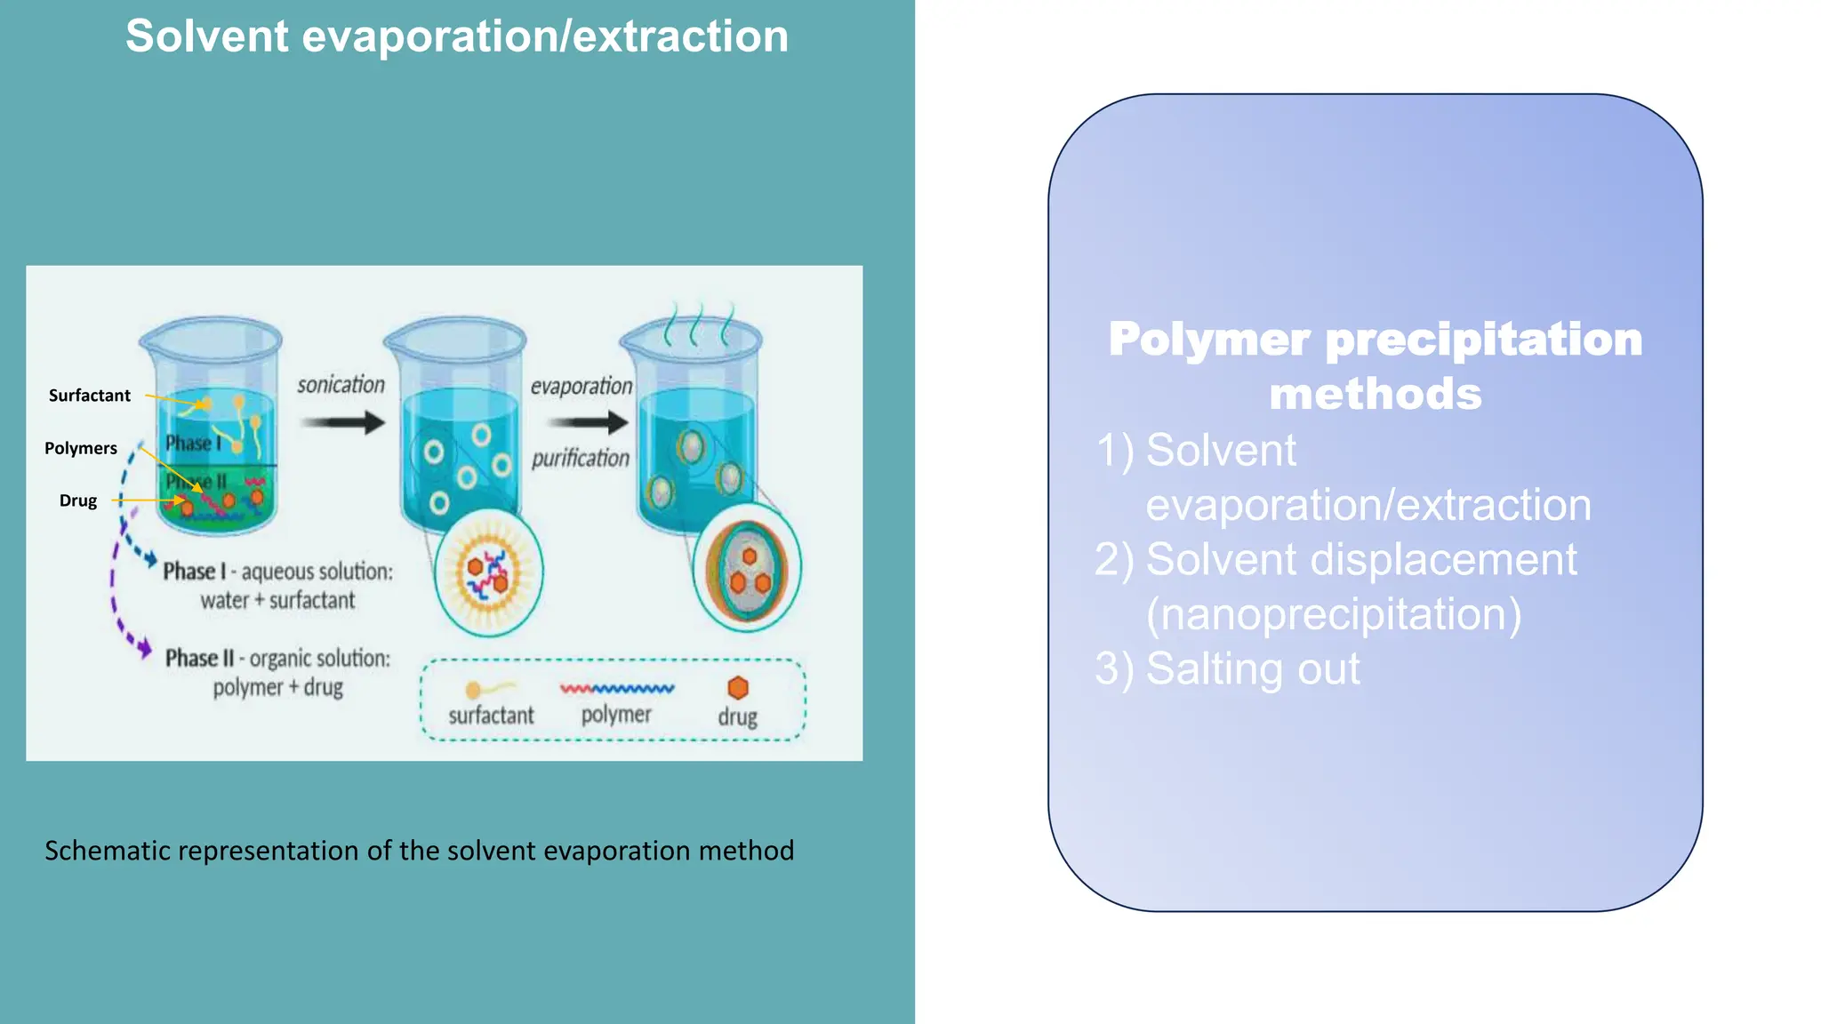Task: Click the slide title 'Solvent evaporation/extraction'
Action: tap(456, 36)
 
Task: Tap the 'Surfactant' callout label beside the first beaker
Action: tap(89, 396)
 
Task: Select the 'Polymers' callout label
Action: tap(81, 448)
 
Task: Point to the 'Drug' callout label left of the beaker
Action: tap(78, 500)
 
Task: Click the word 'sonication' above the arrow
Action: tap(341, 385)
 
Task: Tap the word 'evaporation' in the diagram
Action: tap(582, 387)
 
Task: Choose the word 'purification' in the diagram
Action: tap(580, 458)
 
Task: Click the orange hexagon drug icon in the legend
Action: tap(738, 688)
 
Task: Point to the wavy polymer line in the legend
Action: tap(617, 688)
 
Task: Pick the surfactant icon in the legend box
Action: tap(488, 689)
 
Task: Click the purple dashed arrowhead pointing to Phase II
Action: tap(143, 649)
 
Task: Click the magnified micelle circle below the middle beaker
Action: tap(488, 572)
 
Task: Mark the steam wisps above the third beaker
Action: tap(699, 324)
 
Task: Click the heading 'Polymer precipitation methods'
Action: tap(1375, 365)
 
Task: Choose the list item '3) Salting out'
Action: tap(1227, 668)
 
